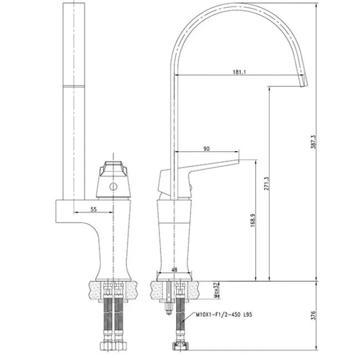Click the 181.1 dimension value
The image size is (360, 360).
tap(239, 72)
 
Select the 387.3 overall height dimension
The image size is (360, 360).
tap(313, 142)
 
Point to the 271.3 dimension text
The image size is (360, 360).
tap(266, 183)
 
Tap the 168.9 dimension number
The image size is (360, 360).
tap(253, 220)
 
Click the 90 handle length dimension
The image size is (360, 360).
tap(207, 149)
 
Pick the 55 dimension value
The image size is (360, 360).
tap(94, 209)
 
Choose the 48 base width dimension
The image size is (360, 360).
tap(174, 270)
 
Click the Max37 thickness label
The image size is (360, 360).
tap(216, 290)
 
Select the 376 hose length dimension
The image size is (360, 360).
tap(313, 316)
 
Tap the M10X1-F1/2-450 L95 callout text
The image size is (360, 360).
tap(224, 315)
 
